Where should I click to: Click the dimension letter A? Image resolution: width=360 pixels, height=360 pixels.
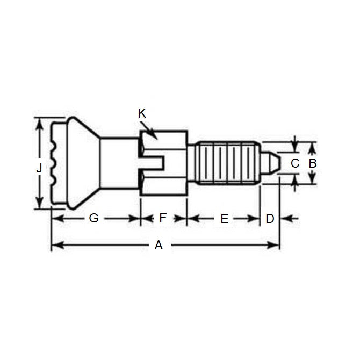pos(159,246)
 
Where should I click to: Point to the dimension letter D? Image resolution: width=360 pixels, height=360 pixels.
pos(270,219)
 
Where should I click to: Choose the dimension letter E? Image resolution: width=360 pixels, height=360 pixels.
pos(225,219)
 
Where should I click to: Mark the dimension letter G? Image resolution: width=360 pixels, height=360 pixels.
pos(93,219)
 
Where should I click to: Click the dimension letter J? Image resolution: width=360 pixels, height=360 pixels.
pos(39,169)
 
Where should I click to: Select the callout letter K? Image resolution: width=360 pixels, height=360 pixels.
pos(142,113)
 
